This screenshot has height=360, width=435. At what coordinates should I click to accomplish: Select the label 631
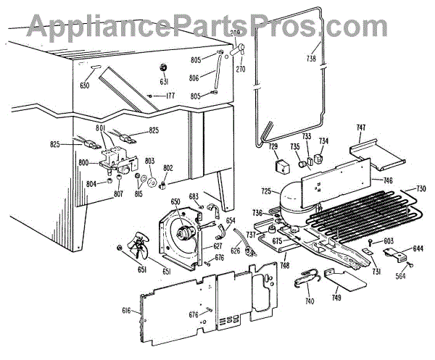pos(165,80)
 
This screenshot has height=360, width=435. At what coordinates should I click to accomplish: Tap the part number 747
pos(360,128)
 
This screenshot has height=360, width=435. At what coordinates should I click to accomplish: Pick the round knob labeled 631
pos(164,67)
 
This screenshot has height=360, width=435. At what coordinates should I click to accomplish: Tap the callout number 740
pos(310,301)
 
